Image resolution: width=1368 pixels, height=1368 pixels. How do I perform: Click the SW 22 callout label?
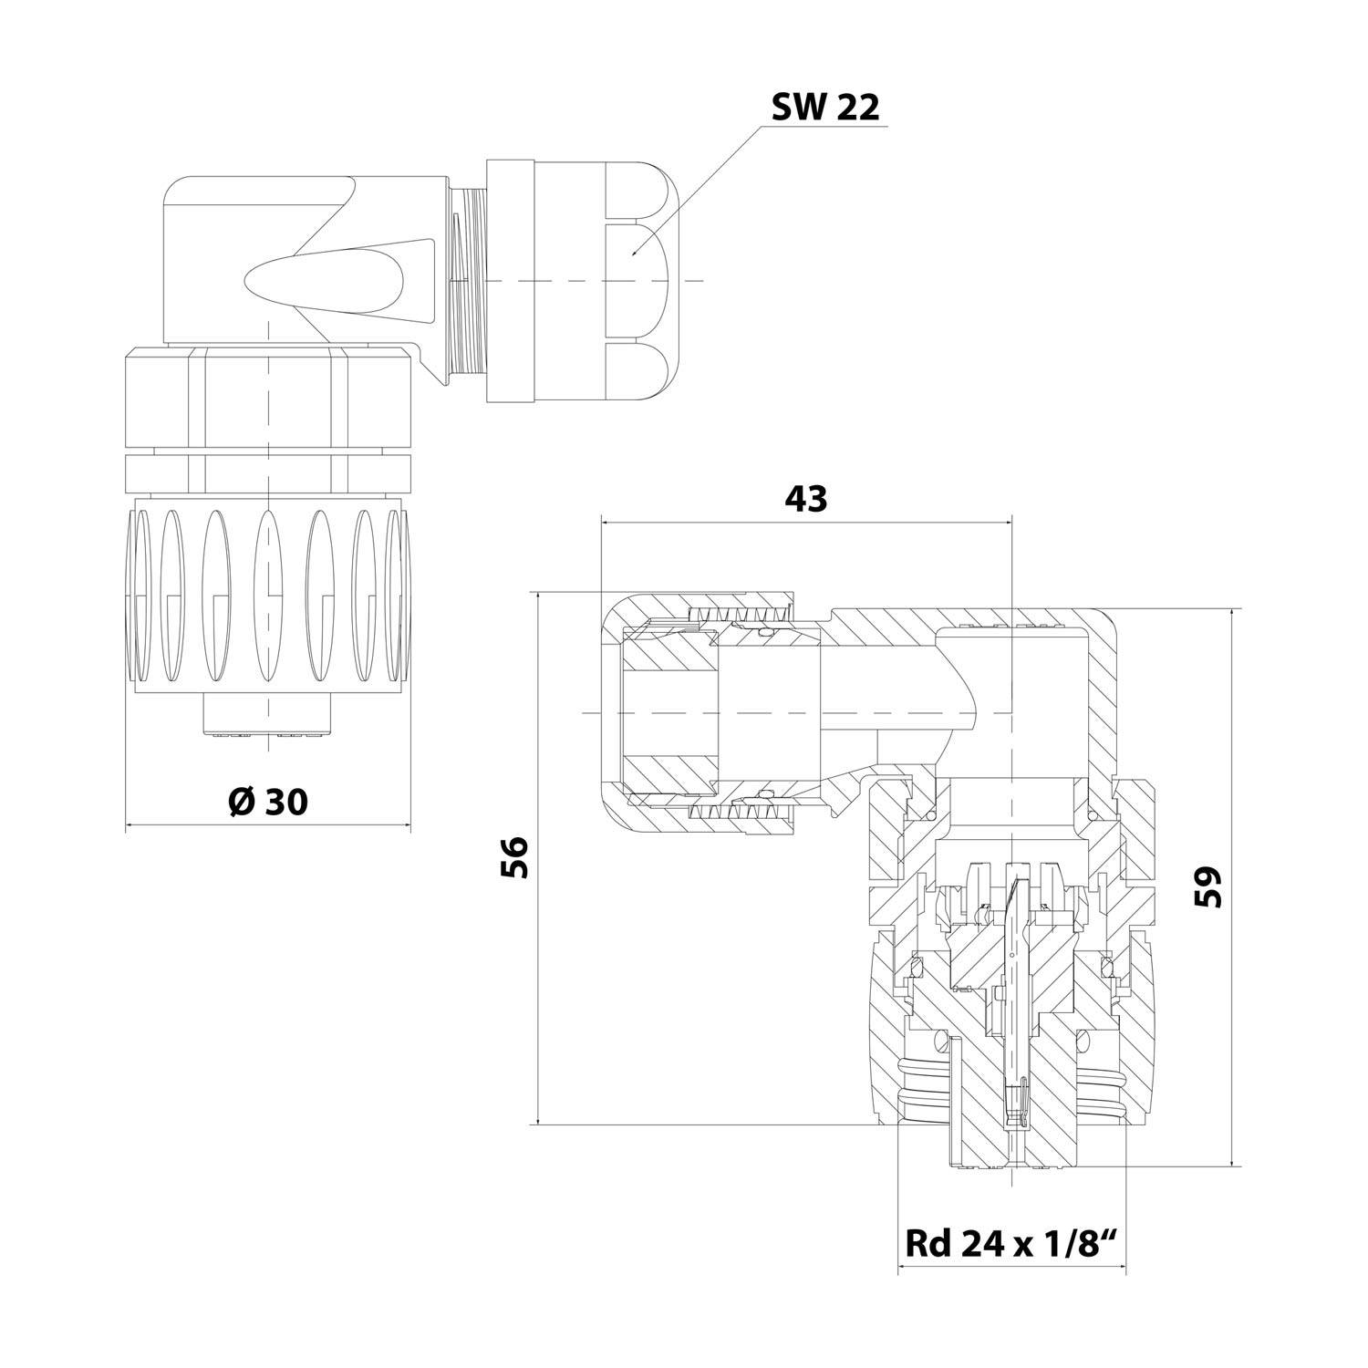point(825,108)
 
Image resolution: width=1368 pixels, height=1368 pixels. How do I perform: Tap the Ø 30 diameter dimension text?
point(267,802)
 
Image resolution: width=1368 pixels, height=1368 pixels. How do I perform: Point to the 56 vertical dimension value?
point(514,857)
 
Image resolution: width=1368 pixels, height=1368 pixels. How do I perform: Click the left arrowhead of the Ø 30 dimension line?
point(129,826)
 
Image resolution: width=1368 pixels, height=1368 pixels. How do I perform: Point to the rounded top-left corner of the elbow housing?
point(179,192)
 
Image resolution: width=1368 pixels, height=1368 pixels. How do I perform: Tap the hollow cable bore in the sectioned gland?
point(670,711)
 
